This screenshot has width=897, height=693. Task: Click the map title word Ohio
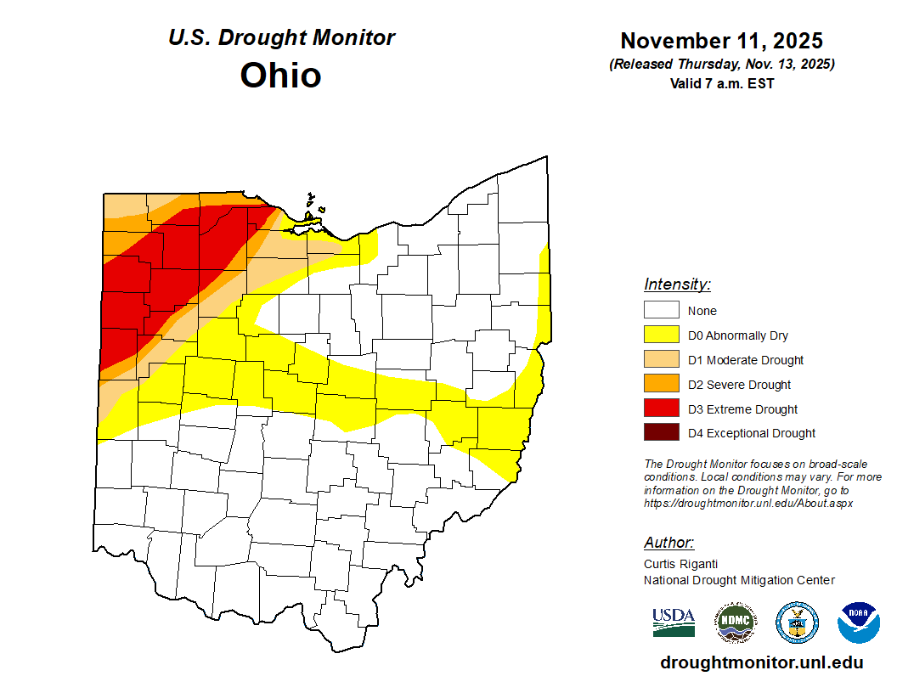pyautogui.click(x=280, y=76)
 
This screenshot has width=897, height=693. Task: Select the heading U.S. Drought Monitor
pyautogui.click(x=281, y=38)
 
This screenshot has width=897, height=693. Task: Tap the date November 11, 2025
pyautogui.click(x=721, y=41)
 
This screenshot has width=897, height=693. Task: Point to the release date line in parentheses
pyautogui.click(x=721, y=65)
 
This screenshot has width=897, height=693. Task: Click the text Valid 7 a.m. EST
pyautogui.click(x=721, y=83)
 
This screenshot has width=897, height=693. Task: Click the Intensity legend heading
pyautogui.click(x=677, y=285)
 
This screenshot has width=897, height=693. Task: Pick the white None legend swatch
pyautogui.click(x=661, y=311)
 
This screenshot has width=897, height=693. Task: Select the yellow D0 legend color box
pyautogui.click(x=661, y=335)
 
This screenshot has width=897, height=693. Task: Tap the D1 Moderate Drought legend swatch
pyautogui.click(x=661, y=360)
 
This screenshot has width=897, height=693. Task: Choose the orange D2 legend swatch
pyautogui.click(x=661, y=385)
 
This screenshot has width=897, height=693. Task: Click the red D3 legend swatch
pyautogui.click(x=661, y=408)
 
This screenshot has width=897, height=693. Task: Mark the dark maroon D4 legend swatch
pyautogui.click(x=661, y=433)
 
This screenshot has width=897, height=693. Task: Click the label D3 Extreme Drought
pyautogui.click(x=742, y=409)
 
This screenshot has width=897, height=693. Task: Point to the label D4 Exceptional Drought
pyautogui.click(x=751, y=433)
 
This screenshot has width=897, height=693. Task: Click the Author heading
pyautogui.click(x=669, y=543)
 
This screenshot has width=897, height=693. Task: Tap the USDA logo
pyautogui.click(x=674, y=623)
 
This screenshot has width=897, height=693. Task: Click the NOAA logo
pyautogui.click(x=858, y=623)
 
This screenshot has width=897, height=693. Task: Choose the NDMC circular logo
pyautogui.click(x=735, y=623)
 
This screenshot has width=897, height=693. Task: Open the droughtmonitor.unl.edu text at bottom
pyautogui.click(x=761, y=662)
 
